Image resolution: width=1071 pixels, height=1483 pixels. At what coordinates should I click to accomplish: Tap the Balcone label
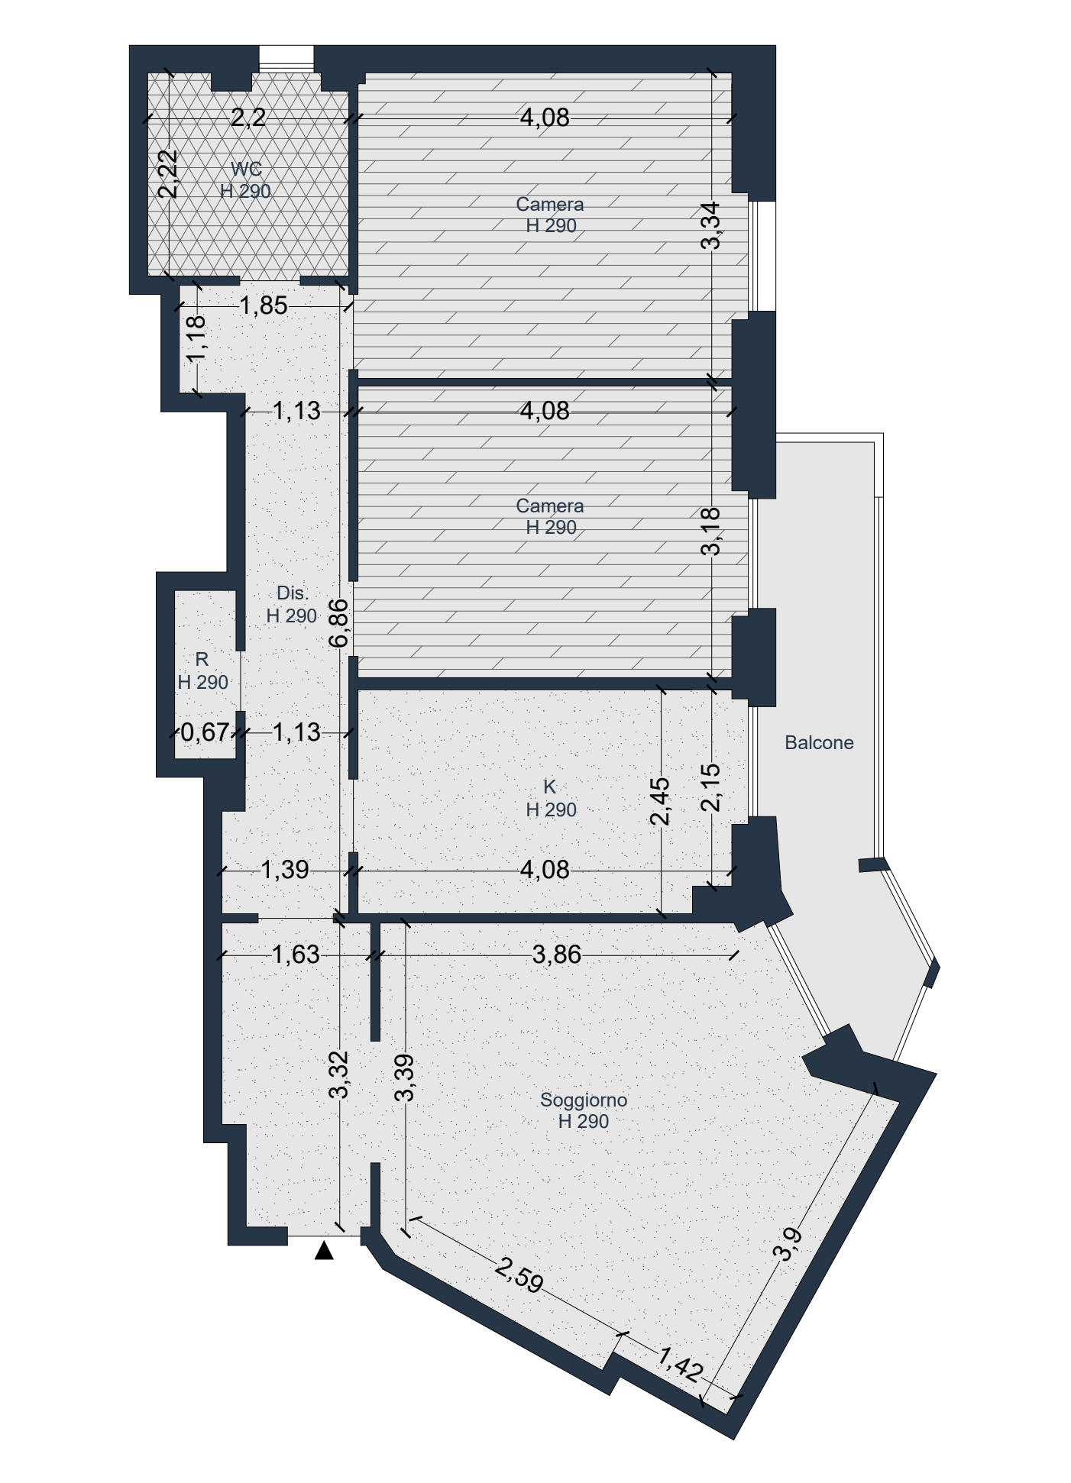point(819,742)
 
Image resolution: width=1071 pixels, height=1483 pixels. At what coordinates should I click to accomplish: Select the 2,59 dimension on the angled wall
point(519,1276)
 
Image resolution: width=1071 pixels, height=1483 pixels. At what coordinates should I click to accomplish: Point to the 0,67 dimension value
point(205,732)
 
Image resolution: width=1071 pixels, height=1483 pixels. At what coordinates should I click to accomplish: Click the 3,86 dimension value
point(557,955)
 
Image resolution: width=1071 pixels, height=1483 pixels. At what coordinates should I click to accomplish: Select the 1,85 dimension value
point(264,305)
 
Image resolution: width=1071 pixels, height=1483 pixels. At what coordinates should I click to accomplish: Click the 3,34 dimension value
point(710,225)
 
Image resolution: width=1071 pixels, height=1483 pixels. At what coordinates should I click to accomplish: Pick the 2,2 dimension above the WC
point(248,118)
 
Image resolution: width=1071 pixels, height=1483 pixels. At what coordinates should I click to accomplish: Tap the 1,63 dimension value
point(296,955)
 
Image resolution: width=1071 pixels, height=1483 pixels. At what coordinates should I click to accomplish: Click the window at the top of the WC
point(286,59)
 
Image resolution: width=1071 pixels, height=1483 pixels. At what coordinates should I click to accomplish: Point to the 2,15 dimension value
point(710,787)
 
